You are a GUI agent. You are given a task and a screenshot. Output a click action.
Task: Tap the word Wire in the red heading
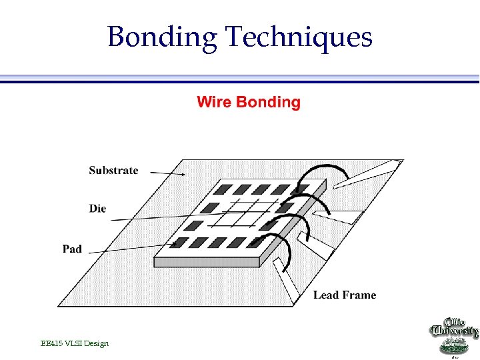[213, 102]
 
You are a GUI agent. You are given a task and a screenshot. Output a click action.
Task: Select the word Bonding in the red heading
[268, 103]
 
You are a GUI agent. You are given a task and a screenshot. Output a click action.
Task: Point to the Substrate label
[113, 170]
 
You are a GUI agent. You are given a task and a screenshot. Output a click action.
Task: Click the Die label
[97, 209]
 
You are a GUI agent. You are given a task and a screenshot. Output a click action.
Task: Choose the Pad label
[72, 249]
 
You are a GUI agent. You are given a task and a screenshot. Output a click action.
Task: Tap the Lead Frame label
[345, 295]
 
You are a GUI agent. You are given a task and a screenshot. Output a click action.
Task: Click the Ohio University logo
[453, 337]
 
